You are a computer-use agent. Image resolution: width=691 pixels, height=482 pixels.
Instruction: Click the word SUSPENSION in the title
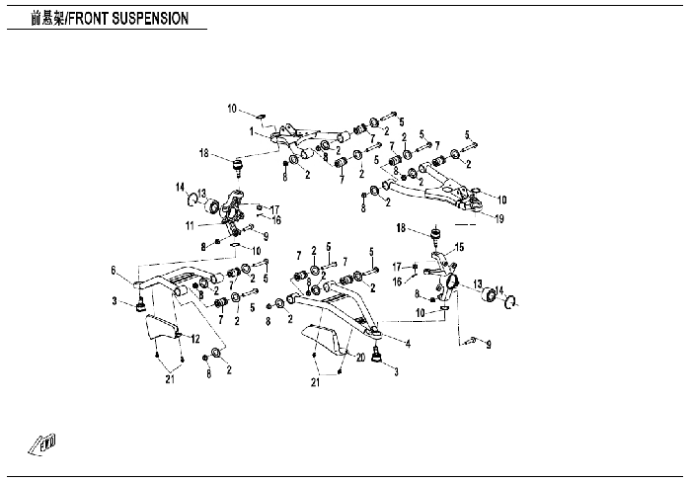coord(150,19)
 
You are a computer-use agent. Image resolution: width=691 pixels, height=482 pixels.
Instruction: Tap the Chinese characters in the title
coord(47,19)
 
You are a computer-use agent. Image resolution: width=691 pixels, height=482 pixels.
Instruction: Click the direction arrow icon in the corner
coord(41,443)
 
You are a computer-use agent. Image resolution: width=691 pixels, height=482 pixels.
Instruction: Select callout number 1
coord(251,131)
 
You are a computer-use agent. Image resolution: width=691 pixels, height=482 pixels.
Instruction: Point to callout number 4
coord(408,344)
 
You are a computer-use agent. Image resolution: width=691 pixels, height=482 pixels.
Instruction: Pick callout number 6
coord(114,270)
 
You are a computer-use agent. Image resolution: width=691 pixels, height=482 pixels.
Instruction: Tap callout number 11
coord(190,226)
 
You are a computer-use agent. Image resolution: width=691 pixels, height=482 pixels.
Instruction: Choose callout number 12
coord(195,339)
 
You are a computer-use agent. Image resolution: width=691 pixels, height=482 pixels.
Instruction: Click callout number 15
coord(459,247)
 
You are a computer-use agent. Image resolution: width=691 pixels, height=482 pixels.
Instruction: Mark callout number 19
coord(499,218)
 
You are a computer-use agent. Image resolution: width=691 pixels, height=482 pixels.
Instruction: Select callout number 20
coord(360,358)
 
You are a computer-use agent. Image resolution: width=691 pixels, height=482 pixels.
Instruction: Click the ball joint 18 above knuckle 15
coord(436,234)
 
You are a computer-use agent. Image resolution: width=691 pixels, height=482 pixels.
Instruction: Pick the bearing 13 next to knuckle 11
coord(212,206)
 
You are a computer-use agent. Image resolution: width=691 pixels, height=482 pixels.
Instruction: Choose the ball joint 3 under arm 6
coord(140,305)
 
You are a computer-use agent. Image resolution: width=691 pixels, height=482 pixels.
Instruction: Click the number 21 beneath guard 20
coord(315,382)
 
